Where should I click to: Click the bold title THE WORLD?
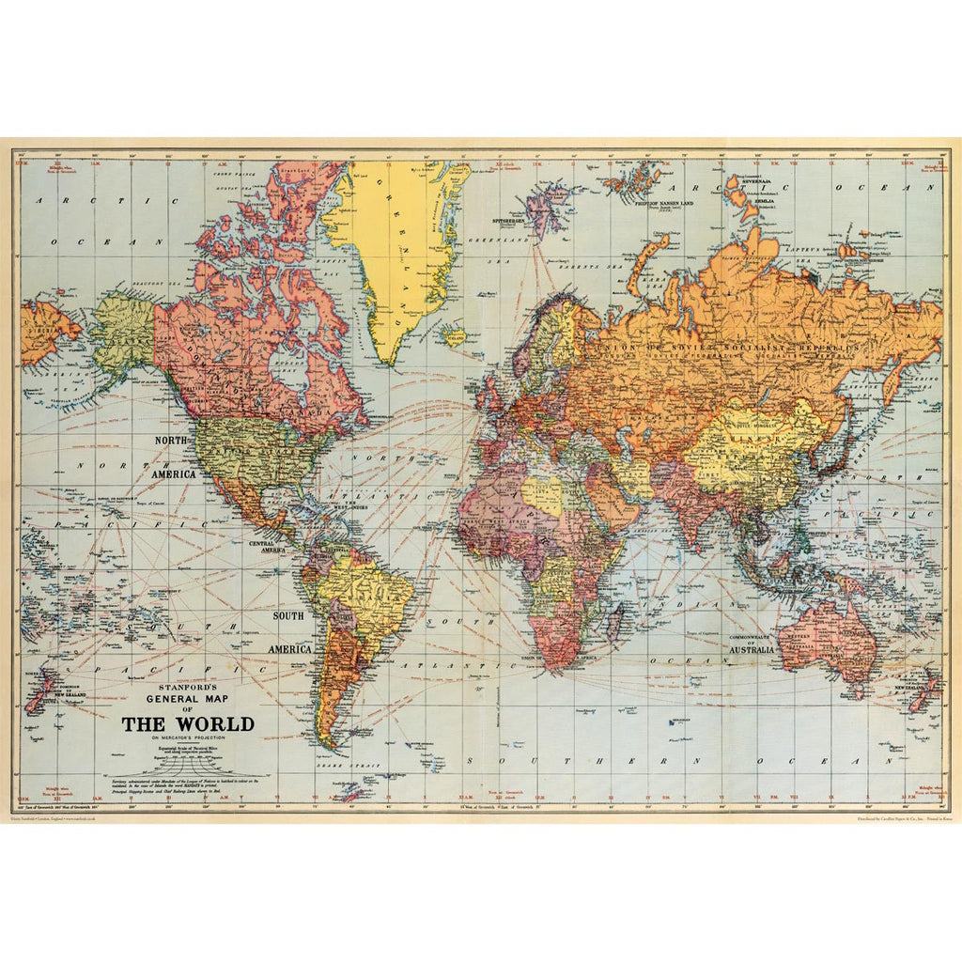tap(188, 724)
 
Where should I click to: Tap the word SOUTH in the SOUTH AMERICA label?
tap(289, 616)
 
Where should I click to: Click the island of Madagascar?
tap(615, 623)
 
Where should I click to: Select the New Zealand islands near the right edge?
tap(923, 690)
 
